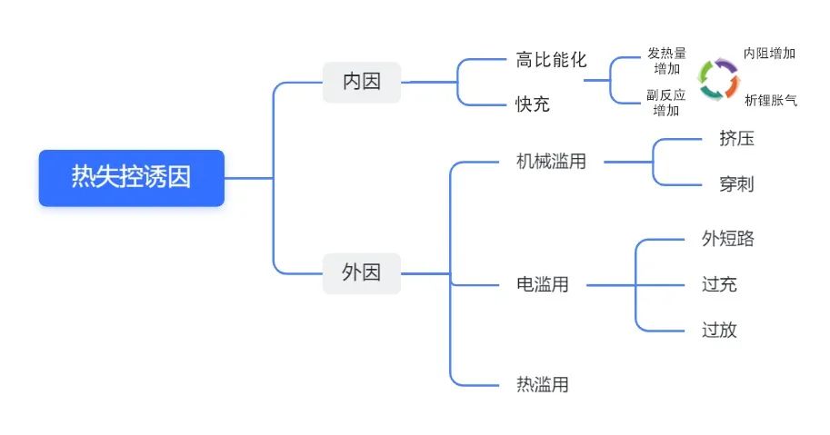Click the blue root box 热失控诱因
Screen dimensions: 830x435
pos(131,178)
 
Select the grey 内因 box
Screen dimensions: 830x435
pos(362,82)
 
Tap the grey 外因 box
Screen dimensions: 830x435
pos(362,273)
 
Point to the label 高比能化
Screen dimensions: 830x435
pos(551,60)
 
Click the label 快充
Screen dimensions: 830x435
pos(533,104)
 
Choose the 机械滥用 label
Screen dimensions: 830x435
pos(551,162)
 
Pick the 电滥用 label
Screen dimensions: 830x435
pos(543,284)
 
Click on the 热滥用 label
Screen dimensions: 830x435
pos(543,384)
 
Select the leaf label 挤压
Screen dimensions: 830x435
pos(736,138)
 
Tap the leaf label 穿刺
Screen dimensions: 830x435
pos(736,184)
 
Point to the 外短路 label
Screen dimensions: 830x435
pos(728,238)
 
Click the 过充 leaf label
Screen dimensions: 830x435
pos(719,284)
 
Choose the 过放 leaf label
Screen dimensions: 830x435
pos(719,330)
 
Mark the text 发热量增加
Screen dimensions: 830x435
pos(666,61)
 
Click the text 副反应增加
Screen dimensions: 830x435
pos(665,103)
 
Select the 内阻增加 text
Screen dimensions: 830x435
pos(769,54)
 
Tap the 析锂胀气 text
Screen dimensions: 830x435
pos(771,101)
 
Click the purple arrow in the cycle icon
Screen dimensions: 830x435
pos(726,65)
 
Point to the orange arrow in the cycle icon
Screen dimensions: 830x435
pos(732,85)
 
